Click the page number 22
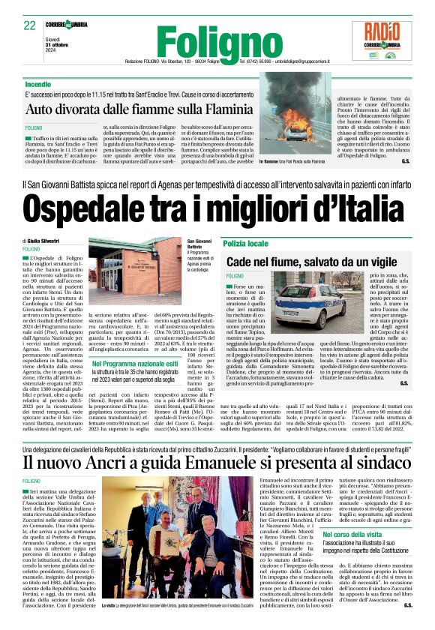30,25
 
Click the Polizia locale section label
246,244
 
